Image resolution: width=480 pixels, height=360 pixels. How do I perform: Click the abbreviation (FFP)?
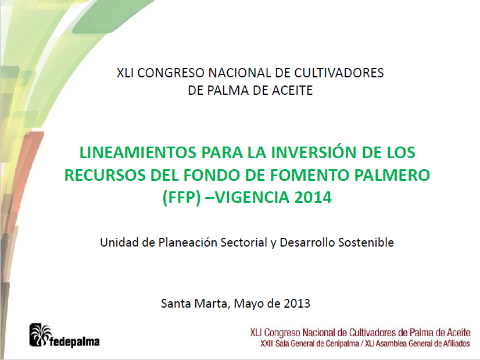[x=181, y=198]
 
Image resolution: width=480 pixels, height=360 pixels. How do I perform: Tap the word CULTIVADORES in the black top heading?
[x=339, y=73]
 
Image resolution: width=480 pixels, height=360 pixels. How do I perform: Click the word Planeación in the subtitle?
[x=188, y=243]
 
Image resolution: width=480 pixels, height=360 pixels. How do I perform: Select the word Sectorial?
[x=244, y=243]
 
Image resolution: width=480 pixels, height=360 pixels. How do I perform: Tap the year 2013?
[x=297, y=304]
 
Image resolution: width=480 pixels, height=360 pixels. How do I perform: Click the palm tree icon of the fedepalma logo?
[x=40, y=335]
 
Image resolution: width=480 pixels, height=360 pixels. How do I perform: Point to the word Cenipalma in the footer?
[x=342, y=344]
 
